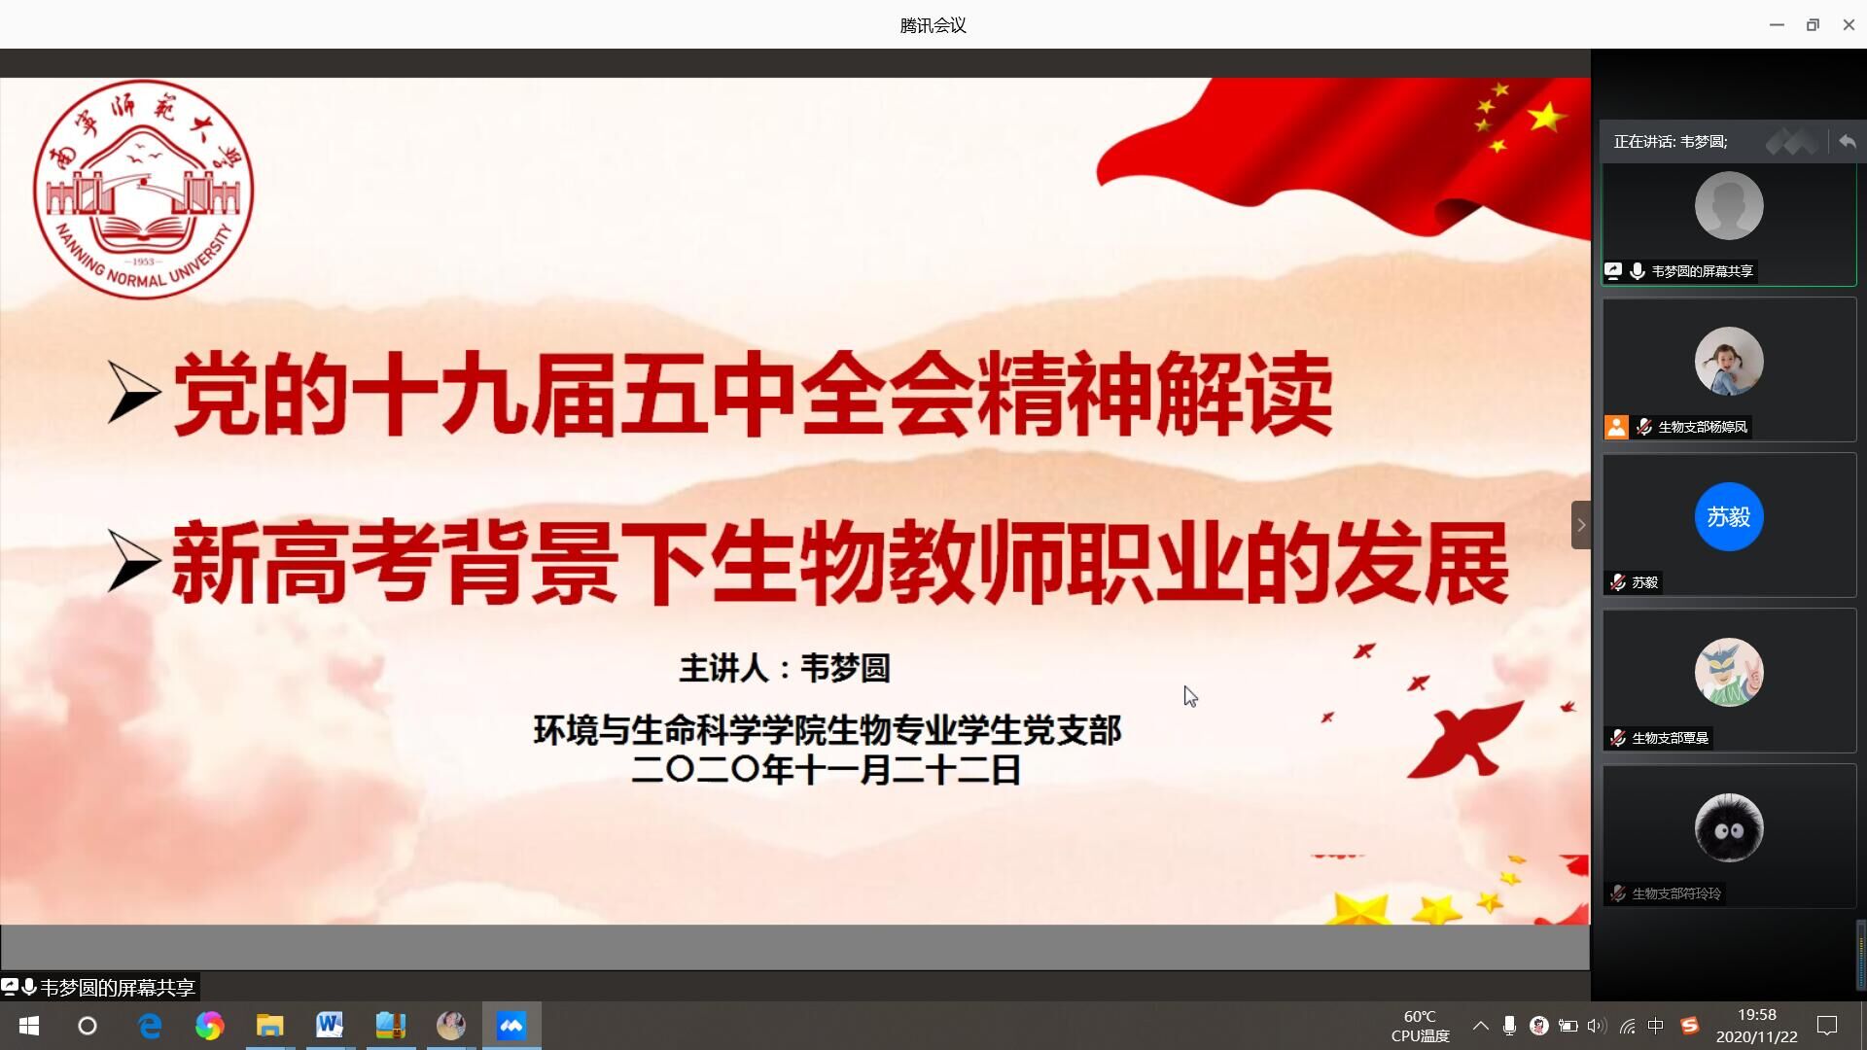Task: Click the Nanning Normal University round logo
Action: click(144, 189)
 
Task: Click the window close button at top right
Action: click(1849, 24)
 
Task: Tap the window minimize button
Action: click(1777, 24)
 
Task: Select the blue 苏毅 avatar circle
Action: click(1729, 516)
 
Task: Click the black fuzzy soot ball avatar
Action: click(1729, 827)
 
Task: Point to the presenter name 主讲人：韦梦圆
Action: click(785, 668)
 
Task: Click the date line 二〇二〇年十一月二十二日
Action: click(827, 770)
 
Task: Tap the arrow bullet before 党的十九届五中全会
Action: click(133, 392)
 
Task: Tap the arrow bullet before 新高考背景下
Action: click(133, 561)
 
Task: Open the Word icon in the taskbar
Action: click(330, 1025)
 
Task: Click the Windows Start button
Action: click(29, 1026)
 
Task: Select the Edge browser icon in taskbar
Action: click(150, 1026)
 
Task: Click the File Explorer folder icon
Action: click(269, 1025)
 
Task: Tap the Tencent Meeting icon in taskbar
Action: click(511, 1025)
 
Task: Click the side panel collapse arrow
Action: click(1581, 525)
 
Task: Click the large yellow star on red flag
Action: click(1546, 117)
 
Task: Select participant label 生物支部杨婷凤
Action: click(1702, 427)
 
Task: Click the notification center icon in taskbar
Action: click(1827, 1026)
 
